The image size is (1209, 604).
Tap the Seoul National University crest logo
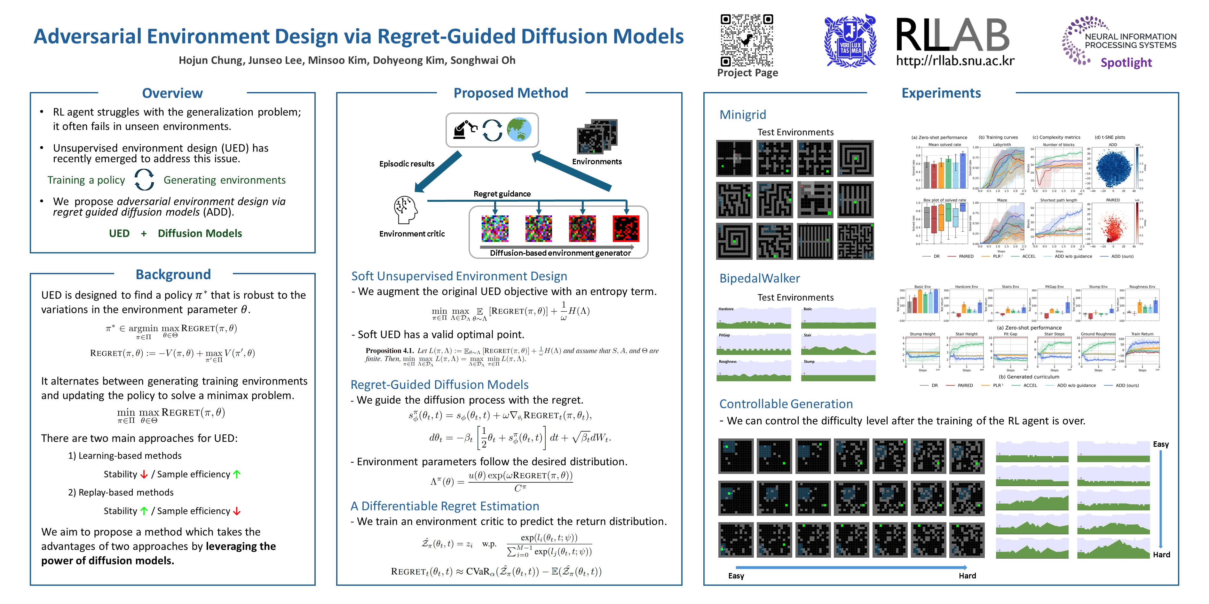[x=850, y=41]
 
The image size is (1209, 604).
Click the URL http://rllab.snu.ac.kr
[x=955, y=61]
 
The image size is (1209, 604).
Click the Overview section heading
[x=172, y=93]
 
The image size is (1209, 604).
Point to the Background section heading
[x=173, y=274]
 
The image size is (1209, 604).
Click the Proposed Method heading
[x=511, y=93]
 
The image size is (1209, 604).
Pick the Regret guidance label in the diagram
[x=502, y=194]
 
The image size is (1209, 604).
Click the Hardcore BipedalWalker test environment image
[x=753, y=318]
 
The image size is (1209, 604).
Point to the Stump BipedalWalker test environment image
[x=838, y=370]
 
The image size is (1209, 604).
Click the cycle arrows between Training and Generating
[x=144, y=180]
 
